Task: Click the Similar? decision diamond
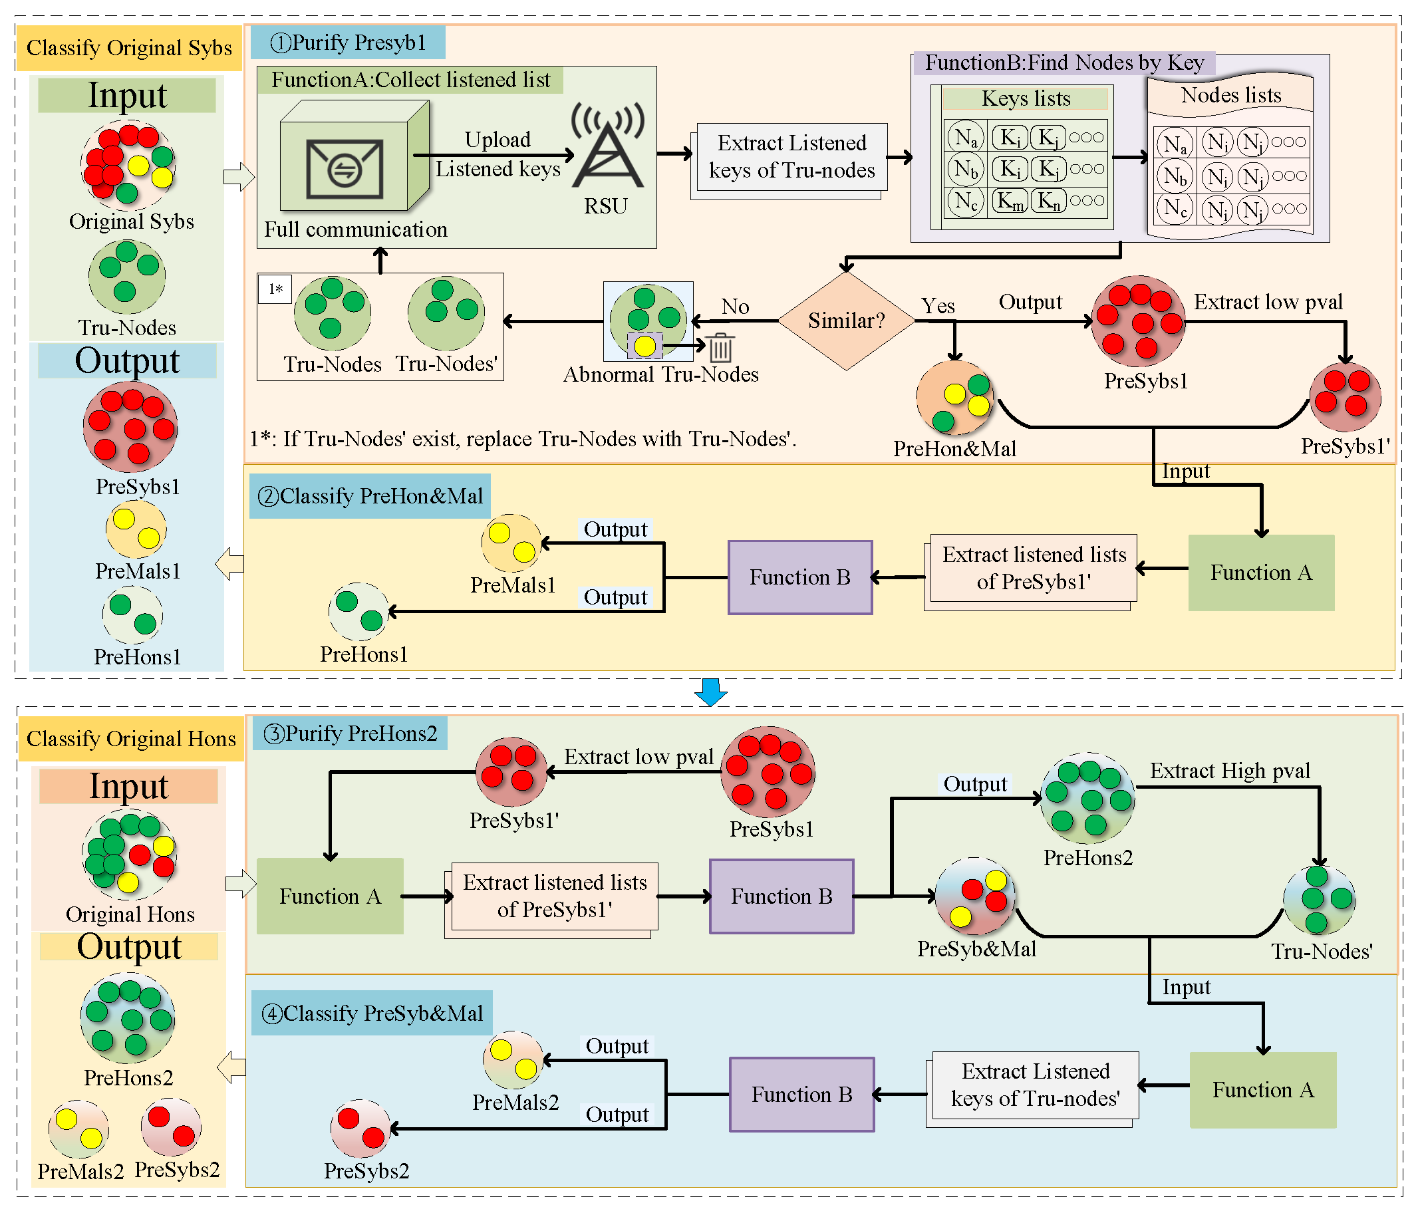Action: pyautogui.click(x=847, y=321)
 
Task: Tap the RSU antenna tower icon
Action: pyautogui.click(x=608, y=148)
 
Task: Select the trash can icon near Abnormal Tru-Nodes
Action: pyautogui.click(x=721, y=348)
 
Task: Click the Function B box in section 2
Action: pyautogui.click(x=799, y=578)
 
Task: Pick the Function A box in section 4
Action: pyautogui.click(x=1262, y=1090)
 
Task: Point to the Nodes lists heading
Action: pyautogui.click(x=1231, y=95)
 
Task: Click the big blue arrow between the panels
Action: pyautogui.click(x=710, y=692)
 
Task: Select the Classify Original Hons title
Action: pyautogui.click(x=131, y=739)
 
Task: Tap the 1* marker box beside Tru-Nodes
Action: pyautogui.click(x=275, y=289)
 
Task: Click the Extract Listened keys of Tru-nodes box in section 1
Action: pyautogui.click(x=791, y=157)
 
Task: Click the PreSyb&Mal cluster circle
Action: pyautogui.click(x=974, y=896)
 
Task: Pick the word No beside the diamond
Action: pyautogui.click(x=735, y=307)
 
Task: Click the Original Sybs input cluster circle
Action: pyautogui.click(x=129, y=164)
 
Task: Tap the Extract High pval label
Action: pyautogui.click(x=1230, y=771)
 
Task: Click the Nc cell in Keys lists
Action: pyautogui.click(x=966, y=201)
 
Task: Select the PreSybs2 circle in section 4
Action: pyautogui.click(x=360, y=1128)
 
